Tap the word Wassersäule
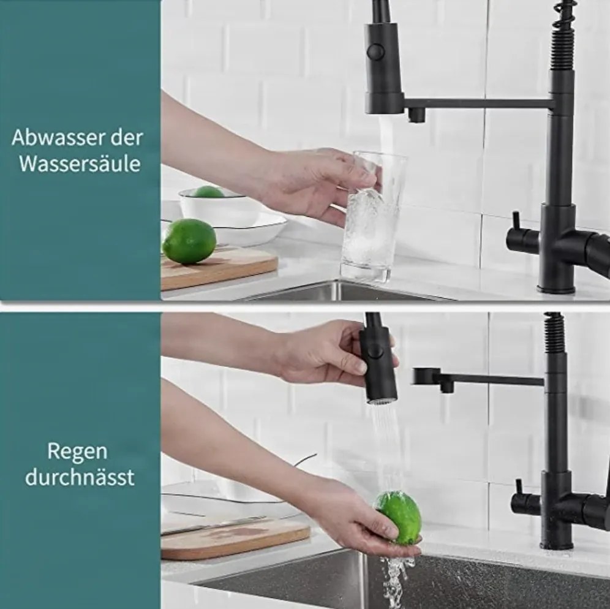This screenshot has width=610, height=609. coord(80,164)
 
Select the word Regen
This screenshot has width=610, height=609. coord(77,452)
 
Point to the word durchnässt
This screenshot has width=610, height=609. coord(80,477)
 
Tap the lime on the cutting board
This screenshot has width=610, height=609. coord(189,241)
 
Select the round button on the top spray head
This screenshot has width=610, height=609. coord(375,51)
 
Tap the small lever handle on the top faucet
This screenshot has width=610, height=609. coord(516,222)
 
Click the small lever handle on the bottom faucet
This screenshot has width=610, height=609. coord(519,488)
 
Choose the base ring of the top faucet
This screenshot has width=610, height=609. coord(555,289)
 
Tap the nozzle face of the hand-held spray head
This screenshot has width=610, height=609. coord(381,401)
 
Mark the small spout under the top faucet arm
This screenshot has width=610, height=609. coord(416,115)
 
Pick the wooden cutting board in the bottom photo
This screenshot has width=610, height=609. coord(235,537)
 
